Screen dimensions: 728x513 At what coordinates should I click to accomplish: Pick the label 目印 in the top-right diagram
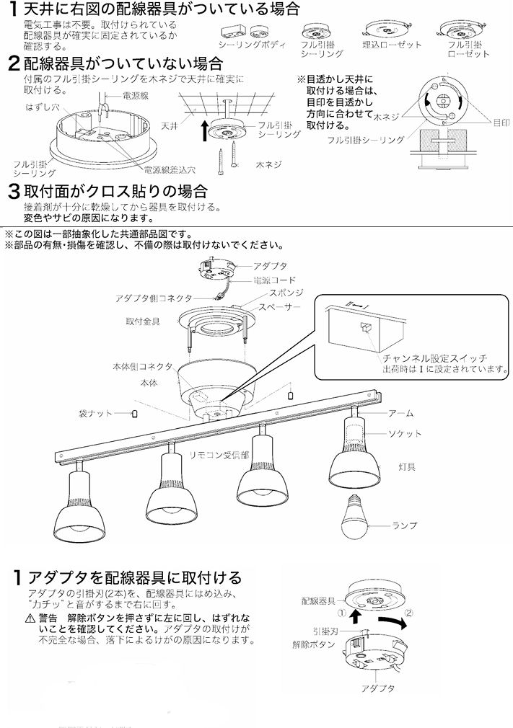click(x=501, y=123)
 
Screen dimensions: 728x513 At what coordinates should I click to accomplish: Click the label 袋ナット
click(x=95, y=413)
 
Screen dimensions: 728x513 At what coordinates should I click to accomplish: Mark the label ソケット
click(x=405, y=433)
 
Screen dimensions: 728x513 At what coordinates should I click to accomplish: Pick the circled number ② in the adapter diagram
click(x=409, y=613)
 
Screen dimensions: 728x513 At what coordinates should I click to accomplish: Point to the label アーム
click(x=400, y=413)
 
